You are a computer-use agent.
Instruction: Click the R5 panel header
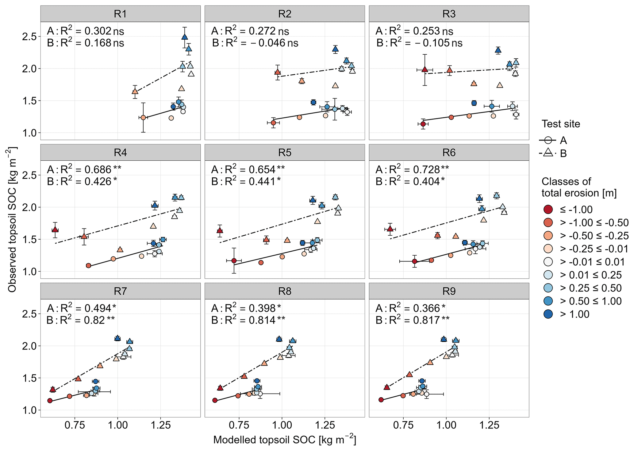tap(285, 152)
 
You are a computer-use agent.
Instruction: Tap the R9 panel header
tap(449, 291)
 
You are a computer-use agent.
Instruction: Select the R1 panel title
tap(120, 14)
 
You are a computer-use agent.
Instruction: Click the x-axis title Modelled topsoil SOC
tap(285, 440)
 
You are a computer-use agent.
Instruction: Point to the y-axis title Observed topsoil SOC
tap(13, 219)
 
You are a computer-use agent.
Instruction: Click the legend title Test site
tap(561, 124)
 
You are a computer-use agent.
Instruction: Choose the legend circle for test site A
tap(548, 140)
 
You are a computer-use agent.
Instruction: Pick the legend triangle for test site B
tap(548, 153)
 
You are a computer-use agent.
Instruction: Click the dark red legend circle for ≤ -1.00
tap(548, 210)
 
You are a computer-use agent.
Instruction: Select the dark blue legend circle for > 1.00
tap(548, 314)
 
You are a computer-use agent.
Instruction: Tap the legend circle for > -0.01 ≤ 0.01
tap(548, 262)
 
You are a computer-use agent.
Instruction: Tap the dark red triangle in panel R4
tap(55, 229)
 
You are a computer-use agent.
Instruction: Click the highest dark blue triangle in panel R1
tap(185, 37)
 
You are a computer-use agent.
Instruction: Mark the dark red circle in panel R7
tap(50, 401)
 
